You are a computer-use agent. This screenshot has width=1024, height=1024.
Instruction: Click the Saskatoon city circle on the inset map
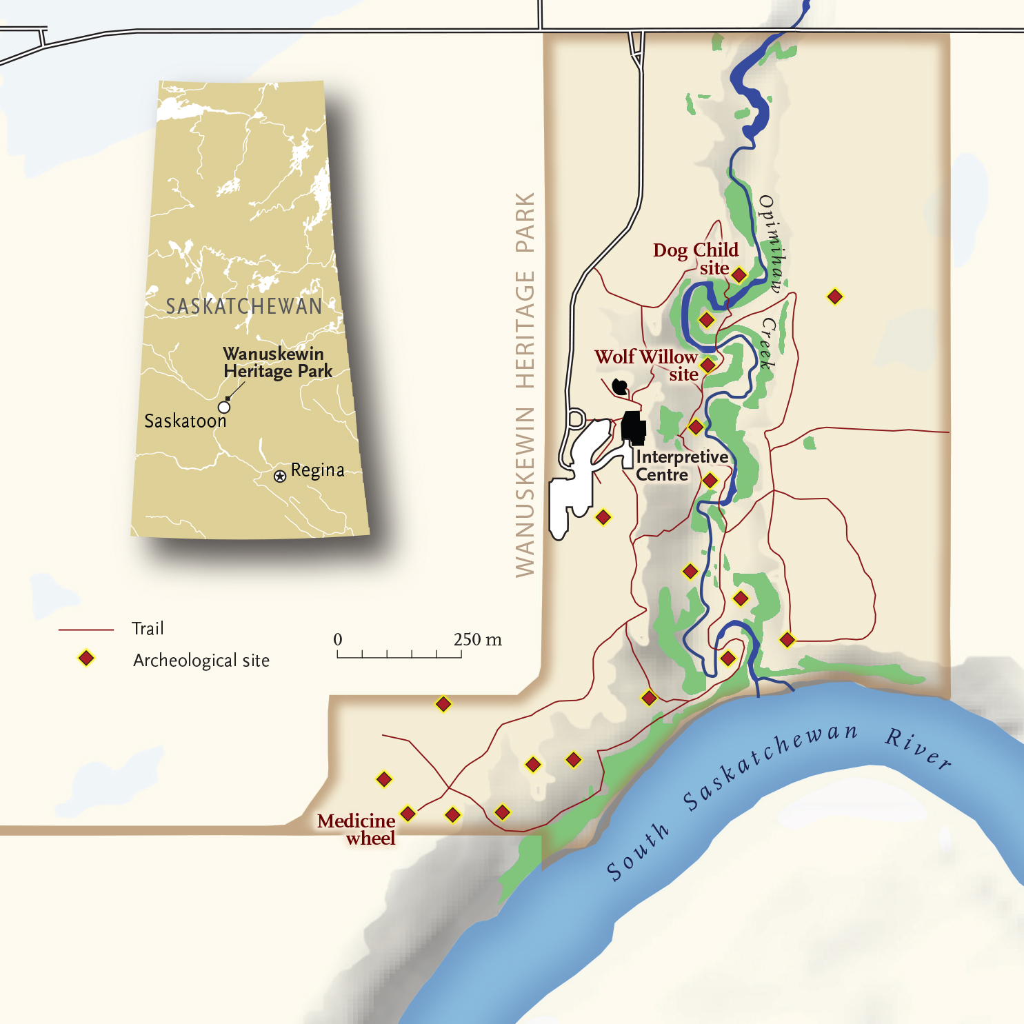click(x=224, y=407)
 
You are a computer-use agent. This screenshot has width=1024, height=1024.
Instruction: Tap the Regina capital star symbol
click(x=280, y=476)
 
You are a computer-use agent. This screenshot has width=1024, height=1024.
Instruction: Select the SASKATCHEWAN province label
click(x=244, y=306)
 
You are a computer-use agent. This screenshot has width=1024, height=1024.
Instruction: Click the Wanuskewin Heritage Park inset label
click(x=277, y=363)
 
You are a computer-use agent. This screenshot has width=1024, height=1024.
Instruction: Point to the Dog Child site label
click(x=695, y=259)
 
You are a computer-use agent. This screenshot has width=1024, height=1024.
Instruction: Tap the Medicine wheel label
click(x=357, y=830)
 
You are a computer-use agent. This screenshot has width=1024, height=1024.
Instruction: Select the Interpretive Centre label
click(x=681, y=465)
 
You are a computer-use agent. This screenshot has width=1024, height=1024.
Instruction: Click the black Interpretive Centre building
click(x=633, y=427)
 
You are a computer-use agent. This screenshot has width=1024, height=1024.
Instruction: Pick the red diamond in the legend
click(x=86, y=659)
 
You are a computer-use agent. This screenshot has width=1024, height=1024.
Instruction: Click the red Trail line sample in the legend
click(x=86, y=630)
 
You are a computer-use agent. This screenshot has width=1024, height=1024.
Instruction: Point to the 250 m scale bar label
click(x=477, y=639)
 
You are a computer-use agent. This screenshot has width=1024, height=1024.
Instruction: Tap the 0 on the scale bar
click(x=338, y=639)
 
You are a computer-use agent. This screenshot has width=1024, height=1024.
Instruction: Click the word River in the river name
click(x=918, y=747)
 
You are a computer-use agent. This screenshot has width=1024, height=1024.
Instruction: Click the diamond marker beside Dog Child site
click(x=739, y=275)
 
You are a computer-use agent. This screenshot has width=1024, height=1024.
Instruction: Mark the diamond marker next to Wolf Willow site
click(x=707, y=365)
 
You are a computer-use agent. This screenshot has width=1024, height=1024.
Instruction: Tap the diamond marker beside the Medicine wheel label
click(x=408, y=814)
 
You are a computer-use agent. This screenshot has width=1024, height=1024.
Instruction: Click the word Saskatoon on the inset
click(x=185, y=421)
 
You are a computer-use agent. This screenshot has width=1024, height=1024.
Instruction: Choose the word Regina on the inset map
click(x=317, y=470)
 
